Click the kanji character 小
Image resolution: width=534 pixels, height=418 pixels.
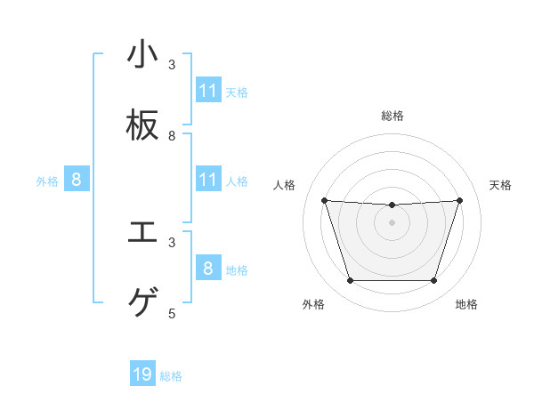click(x=142, y=55)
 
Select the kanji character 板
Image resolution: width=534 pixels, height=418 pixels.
click(x=142, y=126)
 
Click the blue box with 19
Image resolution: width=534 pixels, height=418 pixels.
click(x=142, y=374)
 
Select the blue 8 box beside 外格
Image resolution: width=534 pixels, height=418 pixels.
click(x=77, y=180)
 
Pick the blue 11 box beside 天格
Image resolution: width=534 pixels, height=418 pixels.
click(x=208, y=91)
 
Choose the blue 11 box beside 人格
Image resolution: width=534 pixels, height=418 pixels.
click(x=208, y=180)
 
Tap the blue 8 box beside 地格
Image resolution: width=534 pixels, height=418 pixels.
click(x=208, y=268)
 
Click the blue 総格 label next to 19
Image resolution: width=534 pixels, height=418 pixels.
click(x=171, y=376)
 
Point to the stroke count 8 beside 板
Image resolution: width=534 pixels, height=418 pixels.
click(x=172, y=136)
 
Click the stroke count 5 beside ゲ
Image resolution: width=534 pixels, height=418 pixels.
click(x=172, y=313)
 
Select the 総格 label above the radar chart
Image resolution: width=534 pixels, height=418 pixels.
click(x=392, y=116)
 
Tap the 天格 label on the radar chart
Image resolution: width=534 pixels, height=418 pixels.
click(x=501, y=185)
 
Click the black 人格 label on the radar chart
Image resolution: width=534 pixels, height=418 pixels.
click(x=286, y=185)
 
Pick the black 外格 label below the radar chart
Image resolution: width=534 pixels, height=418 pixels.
click(x=312, y=304)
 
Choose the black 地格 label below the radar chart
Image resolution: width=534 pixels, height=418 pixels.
click(x=466, y=304)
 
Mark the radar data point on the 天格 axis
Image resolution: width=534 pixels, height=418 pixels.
click(x=459, y=200)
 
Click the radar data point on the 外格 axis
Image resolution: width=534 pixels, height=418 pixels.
click(x=350, y=281)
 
